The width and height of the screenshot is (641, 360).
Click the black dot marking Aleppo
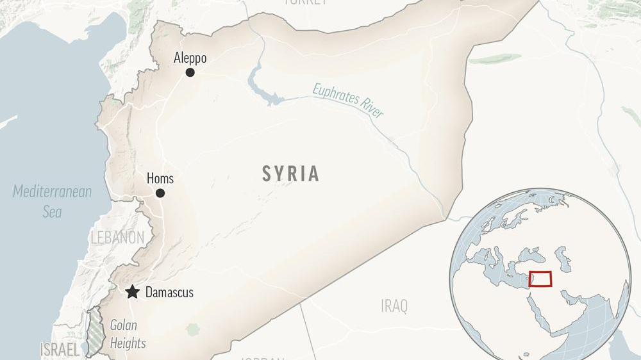pos(190,72)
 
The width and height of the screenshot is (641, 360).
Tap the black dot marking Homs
pos(160,193)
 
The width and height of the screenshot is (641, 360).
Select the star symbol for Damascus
pos(133,292)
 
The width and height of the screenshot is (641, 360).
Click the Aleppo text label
pos(190,58)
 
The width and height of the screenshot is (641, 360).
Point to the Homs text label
pos(160,179)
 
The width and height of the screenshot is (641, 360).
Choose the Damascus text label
pos(169,293)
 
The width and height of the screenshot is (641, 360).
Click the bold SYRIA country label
pos(290,174)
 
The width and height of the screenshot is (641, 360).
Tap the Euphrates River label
pos(348,101)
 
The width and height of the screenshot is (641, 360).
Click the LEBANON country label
pos(117,238)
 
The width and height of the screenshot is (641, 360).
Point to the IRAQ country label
pos(394,306)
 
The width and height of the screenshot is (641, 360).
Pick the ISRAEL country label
pos(60,350)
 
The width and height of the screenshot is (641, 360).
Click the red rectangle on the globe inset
pos(540,279)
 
